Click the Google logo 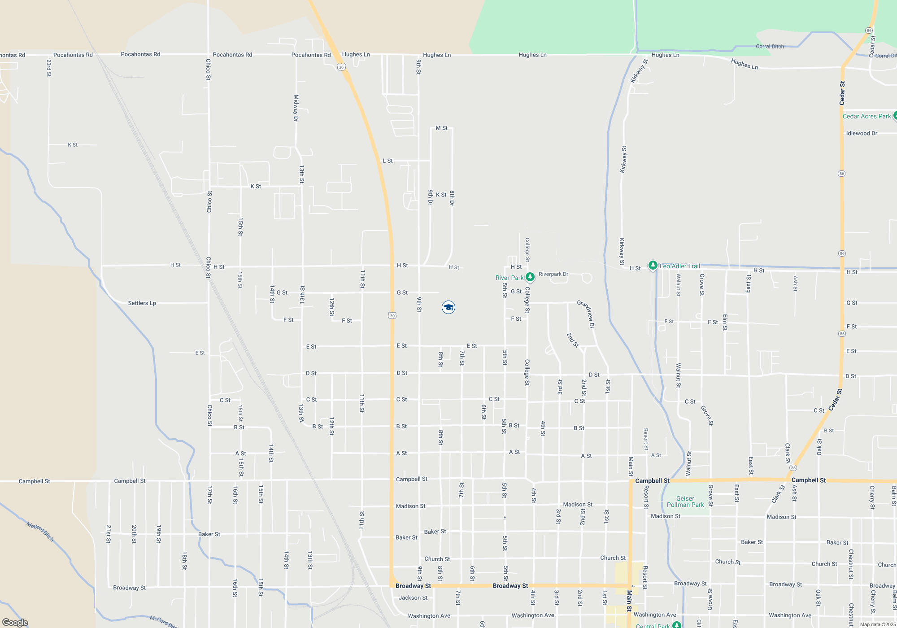pyautogui.click(x=15, y=622)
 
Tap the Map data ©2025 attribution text pyautogui.click(x=877, y=624)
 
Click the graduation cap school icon pyautogui.click(x=448, y=307)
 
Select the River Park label pyautogui.click(x=509, y=278)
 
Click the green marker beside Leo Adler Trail pyautogui.click(x=653, y=266)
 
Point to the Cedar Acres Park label pyautogui.click(x=867, y=116)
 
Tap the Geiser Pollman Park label pyautogui.click(x=685, y=502)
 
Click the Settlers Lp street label pyautogui.click(x=142, y=303)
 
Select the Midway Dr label pyautogui.click(x=296, y=108)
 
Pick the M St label pyautogui.click(x=441, y=128)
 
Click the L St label pyautogui.click(x=388, y=161)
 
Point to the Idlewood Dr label pyautogui.click(x=862, y=133)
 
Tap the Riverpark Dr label pyautogui.click(x=553, y=274)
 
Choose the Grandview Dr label pyautogui.click(x=586, y=314)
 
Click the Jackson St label pyautogui.click(x=413, y=597)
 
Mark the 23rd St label pyautogui.click(x=49, y=68)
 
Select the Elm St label pyautogui.click(x=725, y=322)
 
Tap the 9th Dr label pyautogui.click(x=430, y=197)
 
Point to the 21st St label pyautogui.click(x=108, y=534)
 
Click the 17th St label pyautogui.click(x=209, y=494)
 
